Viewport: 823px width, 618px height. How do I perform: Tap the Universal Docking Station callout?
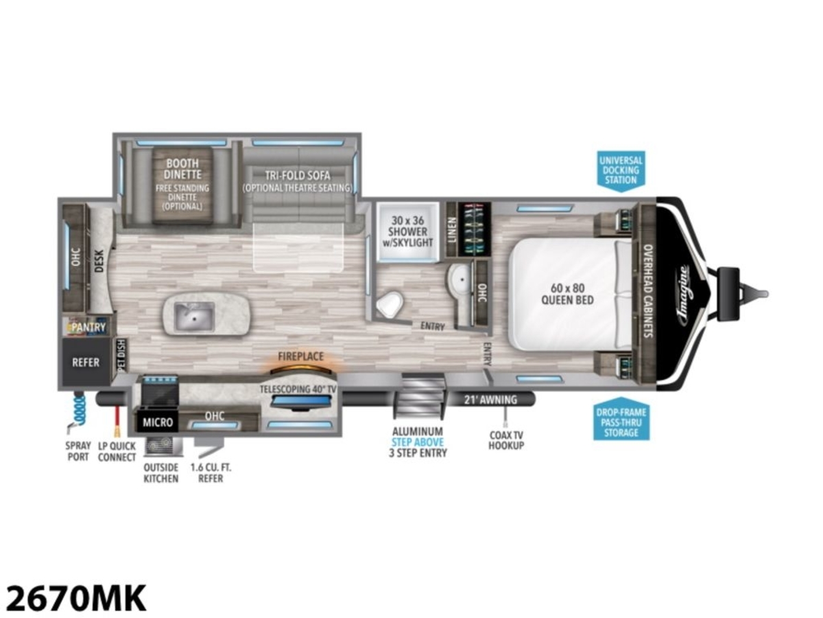point(621,171)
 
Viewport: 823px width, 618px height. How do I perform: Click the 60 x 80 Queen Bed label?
point(567,294)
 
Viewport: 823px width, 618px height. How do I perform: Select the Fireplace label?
point(300,356)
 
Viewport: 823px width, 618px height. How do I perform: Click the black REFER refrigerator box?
point(86,362)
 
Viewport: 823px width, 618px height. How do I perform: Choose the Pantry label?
point(88,328)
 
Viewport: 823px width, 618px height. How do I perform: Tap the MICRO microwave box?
point(158,422)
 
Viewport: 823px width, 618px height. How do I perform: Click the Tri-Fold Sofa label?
point(298,175)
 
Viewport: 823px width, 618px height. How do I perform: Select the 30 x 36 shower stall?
point(407,232)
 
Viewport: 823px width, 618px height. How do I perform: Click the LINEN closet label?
point(452,229)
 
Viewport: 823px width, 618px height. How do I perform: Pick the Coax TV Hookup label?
point(506,440)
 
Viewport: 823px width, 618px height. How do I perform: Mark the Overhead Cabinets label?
point(648,290)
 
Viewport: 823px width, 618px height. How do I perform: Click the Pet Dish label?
point(122,355)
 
